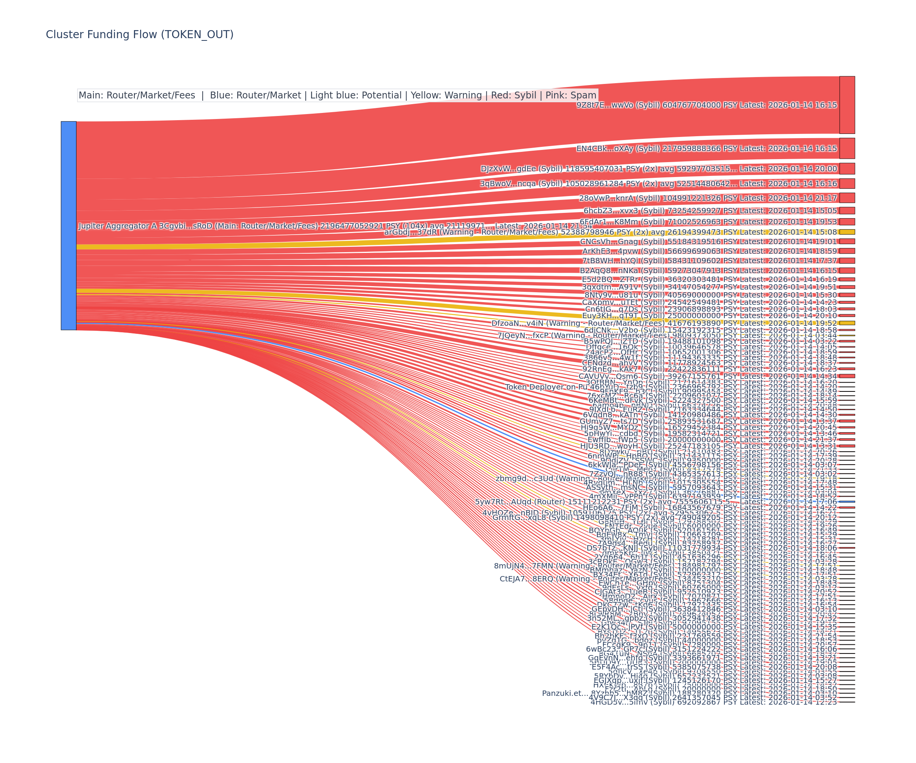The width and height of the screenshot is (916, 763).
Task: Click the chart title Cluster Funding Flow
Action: pos(140,34)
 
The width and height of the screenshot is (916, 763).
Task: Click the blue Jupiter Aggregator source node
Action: pos(68,225)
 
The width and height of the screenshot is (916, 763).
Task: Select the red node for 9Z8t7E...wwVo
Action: pos(847,105)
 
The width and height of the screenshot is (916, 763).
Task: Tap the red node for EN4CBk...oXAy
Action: pos(847,148)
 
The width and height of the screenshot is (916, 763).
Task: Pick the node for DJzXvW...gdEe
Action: pos(847,168)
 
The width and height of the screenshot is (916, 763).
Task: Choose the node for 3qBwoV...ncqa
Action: pos(847,183)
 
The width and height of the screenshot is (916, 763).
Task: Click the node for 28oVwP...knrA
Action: pos(847,198)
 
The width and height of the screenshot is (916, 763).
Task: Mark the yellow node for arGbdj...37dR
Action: pos(847,232)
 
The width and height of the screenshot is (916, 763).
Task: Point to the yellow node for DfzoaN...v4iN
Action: pos(847,323)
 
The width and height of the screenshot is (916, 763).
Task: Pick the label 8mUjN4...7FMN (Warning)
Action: pos(541,565)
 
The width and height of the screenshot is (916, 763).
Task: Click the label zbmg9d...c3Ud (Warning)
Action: pos(541,478)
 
